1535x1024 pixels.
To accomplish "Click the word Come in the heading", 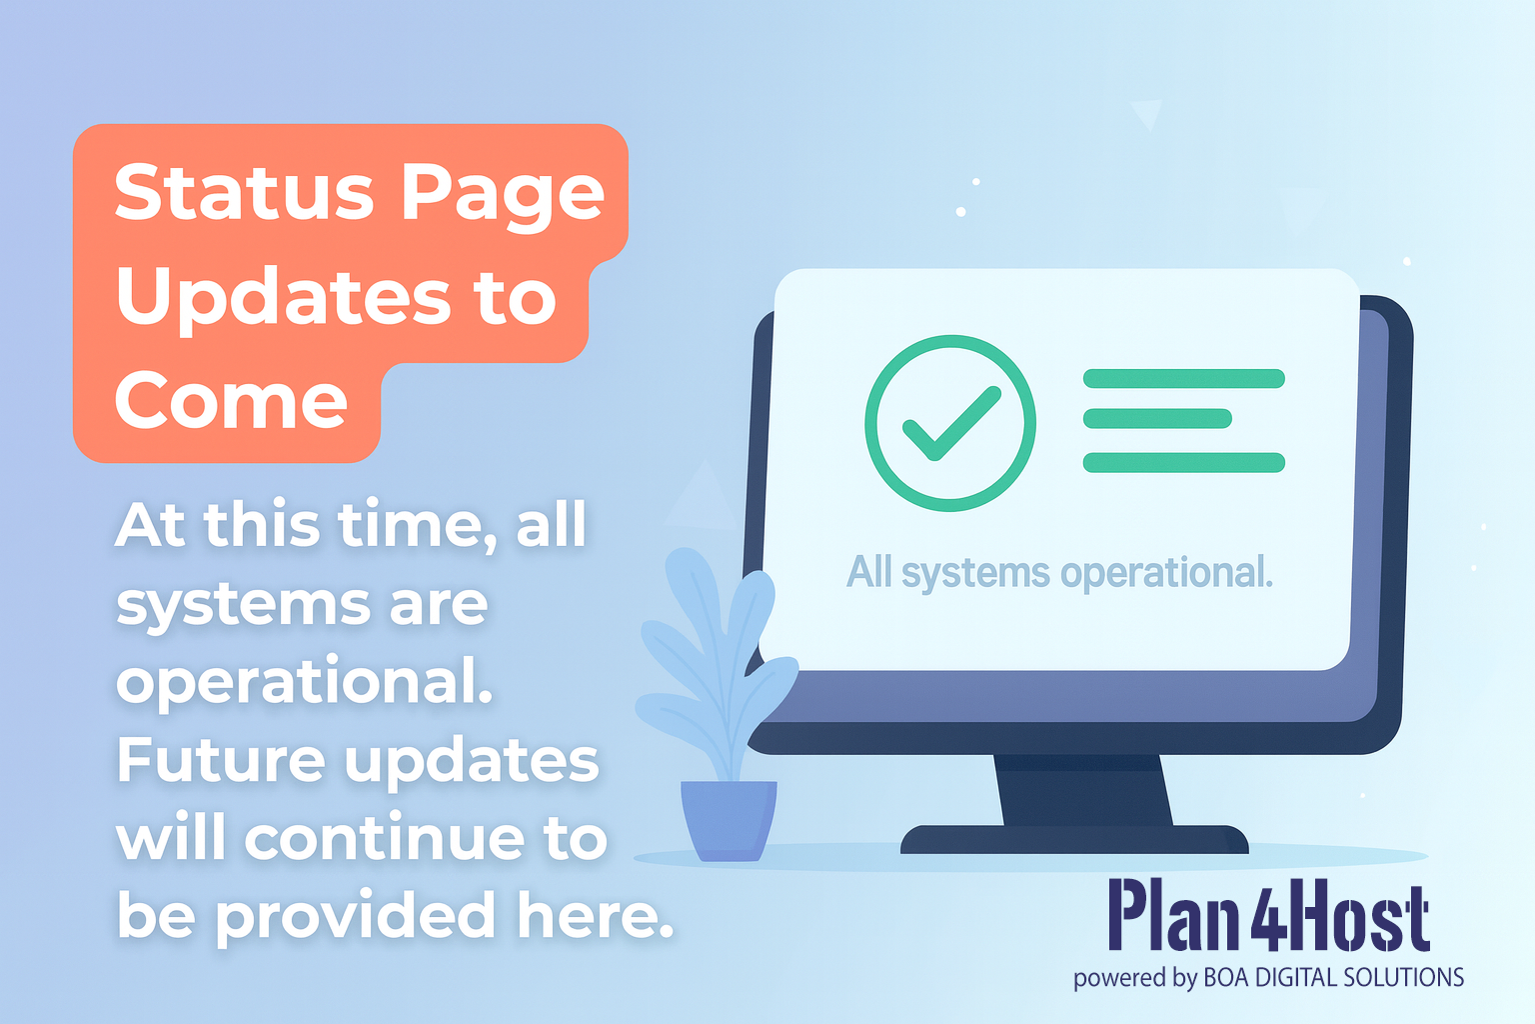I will (x=231, y=401).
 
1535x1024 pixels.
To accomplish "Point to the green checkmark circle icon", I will (x=949, y=423).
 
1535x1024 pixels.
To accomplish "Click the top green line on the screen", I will (x=1183, y=378).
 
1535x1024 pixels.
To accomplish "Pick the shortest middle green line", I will (x=1157, y=419).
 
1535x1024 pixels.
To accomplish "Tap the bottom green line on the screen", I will (x=1183, y=462).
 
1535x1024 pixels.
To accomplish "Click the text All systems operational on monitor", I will (x=1059, y=573).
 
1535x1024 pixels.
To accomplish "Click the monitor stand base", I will (x=1074, y=840).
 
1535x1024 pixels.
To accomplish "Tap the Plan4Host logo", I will (x=1268, y=916).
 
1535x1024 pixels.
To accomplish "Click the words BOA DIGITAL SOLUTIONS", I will (x=1333, y=977).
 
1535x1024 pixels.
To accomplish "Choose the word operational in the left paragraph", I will (x=305, y=684).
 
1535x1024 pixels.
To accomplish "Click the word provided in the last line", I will (x=356, y=916).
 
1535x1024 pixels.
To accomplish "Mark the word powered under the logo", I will (x=1118, y=978).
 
